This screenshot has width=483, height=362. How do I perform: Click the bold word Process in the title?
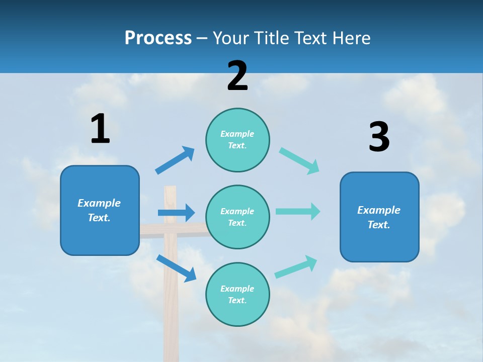158,38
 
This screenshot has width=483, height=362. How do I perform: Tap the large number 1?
100,129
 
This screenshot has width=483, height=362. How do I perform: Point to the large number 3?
379,137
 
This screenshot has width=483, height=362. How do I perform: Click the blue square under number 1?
100,210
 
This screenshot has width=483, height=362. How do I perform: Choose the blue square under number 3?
379,217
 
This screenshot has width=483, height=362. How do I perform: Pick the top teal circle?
237,140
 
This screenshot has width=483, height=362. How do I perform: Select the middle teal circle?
237,217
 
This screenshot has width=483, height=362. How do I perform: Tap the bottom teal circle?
237,294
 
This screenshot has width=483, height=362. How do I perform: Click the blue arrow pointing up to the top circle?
175,160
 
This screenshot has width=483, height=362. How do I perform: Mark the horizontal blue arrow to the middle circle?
176,213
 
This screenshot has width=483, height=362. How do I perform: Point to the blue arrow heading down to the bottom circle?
176,268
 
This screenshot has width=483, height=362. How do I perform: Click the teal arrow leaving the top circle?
299,161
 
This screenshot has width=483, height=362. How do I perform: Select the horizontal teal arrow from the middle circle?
297,211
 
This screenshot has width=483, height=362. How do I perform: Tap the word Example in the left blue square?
99,203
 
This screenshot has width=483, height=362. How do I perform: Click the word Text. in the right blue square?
379,225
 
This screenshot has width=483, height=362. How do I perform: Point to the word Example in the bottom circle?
237,289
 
